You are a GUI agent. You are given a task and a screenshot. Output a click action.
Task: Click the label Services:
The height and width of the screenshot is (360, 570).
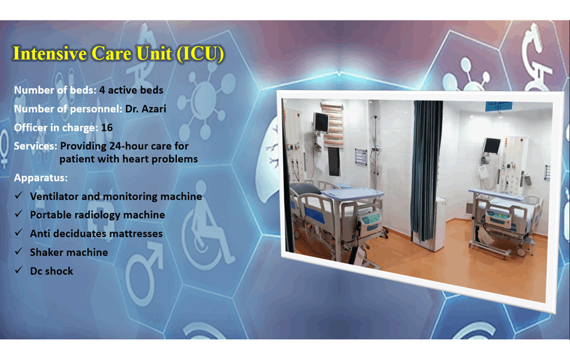36,146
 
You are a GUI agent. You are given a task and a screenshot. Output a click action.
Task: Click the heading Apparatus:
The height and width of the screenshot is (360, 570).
41,178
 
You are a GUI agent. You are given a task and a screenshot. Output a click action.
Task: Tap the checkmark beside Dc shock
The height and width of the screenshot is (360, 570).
19,271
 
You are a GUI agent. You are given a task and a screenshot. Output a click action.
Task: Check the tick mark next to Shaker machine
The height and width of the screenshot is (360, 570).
19,252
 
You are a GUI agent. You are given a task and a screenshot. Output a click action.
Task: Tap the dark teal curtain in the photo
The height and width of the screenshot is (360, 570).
427,168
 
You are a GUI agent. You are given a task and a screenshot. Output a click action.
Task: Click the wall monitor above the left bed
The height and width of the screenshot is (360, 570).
321,122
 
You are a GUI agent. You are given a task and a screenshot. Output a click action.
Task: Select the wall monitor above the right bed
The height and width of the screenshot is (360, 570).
492,145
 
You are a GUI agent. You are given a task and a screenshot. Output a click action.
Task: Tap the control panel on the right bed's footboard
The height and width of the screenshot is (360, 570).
500,217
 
